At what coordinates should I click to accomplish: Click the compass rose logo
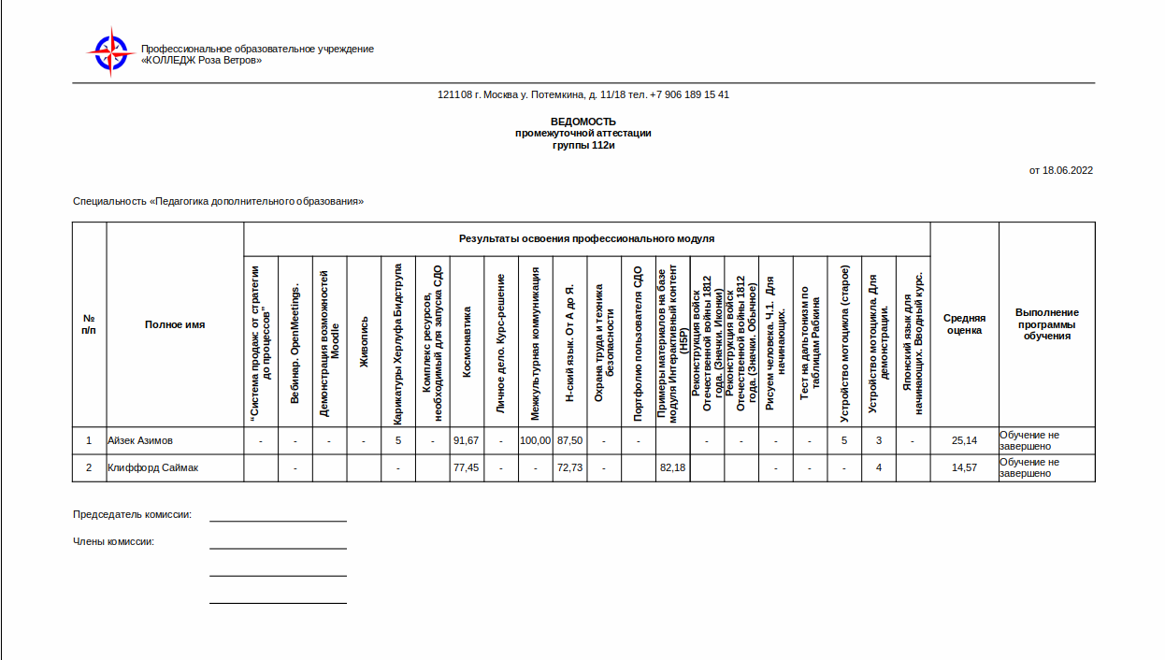(111, 52)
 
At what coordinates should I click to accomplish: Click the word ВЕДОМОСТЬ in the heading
(582, 122)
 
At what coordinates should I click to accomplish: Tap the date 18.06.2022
(1068, 170)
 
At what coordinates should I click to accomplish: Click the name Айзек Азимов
(140, 440)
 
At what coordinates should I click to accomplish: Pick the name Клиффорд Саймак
(152, 467)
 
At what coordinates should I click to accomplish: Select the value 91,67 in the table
(466, 440)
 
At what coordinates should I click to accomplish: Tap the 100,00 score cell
(535, 440)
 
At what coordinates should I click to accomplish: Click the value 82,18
(672, 467)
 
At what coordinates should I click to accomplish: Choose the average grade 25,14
(964, 440)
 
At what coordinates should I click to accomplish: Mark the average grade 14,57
(964, 467)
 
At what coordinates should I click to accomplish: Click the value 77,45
(466, 467)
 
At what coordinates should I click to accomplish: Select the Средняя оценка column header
(964, 323)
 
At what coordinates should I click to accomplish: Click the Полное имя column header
(175, 324)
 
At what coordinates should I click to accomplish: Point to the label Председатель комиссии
(132, 514)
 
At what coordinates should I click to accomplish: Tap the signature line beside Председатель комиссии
(278, 520)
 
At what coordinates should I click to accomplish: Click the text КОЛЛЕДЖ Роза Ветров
(201, 60)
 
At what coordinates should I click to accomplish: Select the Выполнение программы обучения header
(1046, 323)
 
